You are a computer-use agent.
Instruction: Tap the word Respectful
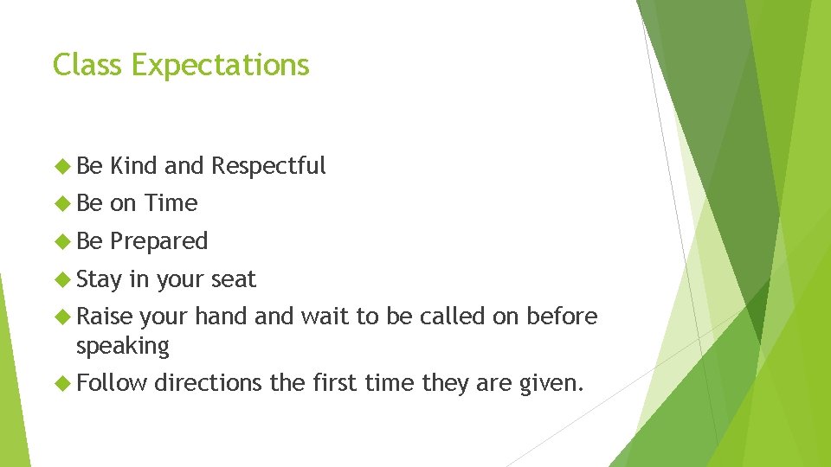click(268, 165)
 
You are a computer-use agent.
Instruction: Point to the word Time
click(171, 203)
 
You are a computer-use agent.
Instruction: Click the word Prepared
click(159, 241)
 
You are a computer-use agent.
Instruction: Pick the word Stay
click(99, 280)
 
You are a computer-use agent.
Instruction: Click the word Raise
click(105, 317)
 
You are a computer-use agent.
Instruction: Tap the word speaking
click(122, 346)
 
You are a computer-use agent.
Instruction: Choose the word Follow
click(112, 382)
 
